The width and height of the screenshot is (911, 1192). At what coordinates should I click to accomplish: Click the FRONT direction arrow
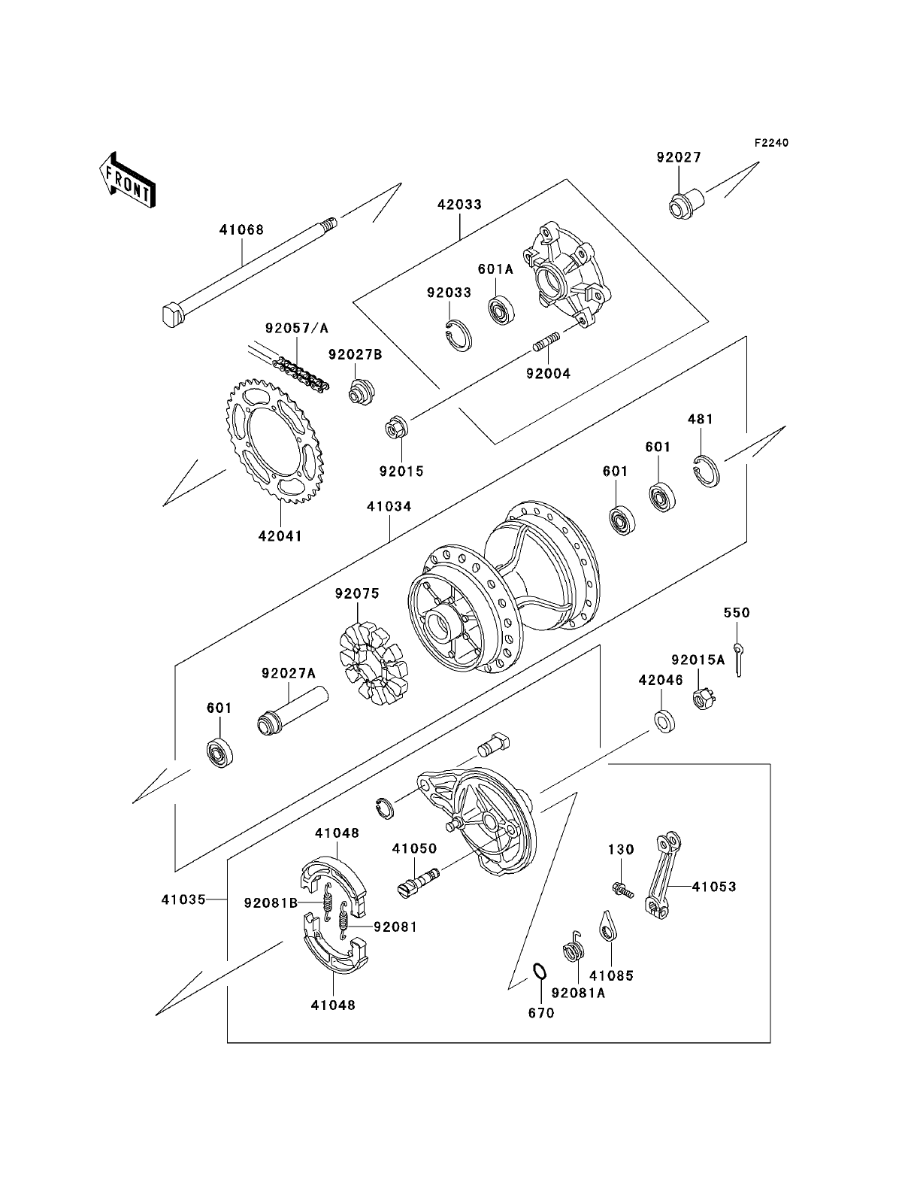(x=127, y=180)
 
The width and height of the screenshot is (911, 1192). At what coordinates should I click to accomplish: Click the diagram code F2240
(x=771, y=143)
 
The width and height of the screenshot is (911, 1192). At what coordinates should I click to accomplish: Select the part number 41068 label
(x=241, y=229)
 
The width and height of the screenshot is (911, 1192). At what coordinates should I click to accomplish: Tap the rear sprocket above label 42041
(x=275, y=442)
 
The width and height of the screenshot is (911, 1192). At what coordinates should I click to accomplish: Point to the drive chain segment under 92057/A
(x=301, y=372)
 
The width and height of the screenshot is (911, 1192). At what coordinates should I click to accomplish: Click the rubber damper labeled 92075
(x=374, y=663)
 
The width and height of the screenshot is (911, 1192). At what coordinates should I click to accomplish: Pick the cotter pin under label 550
(x=737, y=660)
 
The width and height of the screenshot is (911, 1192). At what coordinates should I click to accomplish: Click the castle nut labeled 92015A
(x=704, y=699)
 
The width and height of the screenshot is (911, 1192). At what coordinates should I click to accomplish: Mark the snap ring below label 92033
(x=455, y=335)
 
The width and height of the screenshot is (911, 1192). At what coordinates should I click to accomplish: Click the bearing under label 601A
(x=501, y=310)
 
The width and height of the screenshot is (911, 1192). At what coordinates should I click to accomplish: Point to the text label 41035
(x=183, y=900)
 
